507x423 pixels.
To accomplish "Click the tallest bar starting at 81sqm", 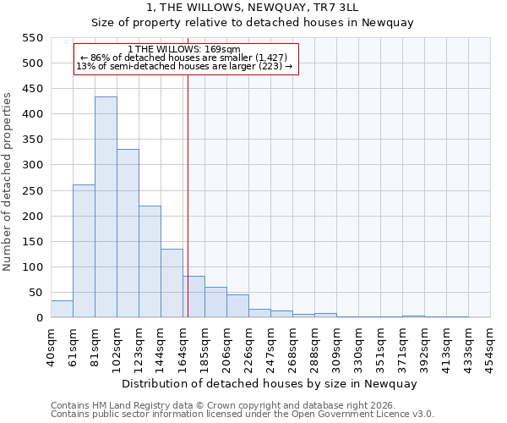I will tap(106, 207).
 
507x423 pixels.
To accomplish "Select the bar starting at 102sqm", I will tap(128, 233).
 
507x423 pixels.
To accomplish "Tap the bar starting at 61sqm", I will tap(84, 251).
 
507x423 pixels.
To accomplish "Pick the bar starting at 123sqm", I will tap(150, 261).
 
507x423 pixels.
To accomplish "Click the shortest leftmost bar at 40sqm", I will tap(62, 309).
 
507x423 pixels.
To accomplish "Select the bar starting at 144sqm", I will tap(172, 283).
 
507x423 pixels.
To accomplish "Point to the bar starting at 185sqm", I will tap(215, 302).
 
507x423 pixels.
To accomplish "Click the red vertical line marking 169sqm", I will tap(188, 195).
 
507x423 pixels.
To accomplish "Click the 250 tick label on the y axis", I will tap(31, 191).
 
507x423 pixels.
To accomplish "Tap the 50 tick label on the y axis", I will tap(35, 293).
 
